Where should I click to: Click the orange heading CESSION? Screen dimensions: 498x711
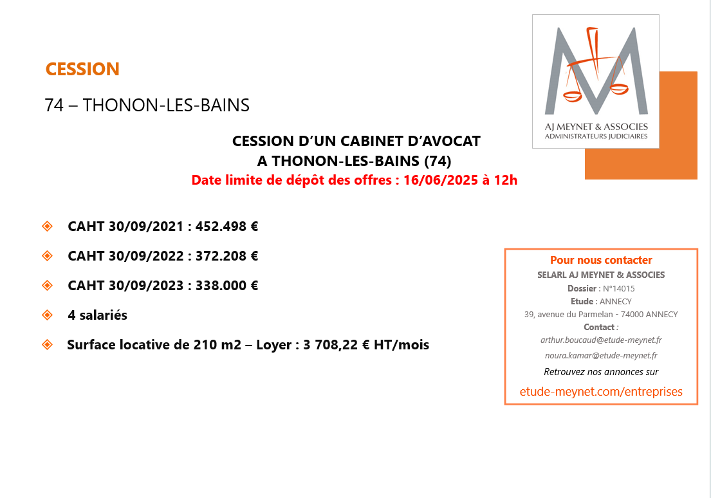pos(82,69)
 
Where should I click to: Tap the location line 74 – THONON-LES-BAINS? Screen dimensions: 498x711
pos(147,106)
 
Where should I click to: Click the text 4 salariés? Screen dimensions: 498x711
pos(97,315)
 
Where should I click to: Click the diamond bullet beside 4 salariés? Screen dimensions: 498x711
pos(47,315)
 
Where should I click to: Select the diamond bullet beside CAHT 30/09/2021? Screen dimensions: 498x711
pos(47,226)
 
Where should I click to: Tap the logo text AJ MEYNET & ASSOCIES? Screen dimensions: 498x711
pos(596,127)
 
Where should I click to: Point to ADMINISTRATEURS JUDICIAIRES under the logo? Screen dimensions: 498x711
pos(596,136)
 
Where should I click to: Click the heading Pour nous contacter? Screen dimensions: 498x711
pos(601,261)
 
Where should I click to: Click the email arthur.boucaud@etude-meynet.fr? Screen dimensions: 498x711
pos(601,339)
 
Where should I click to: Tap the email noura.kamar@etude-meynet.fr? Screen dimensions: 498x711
pos(601,355)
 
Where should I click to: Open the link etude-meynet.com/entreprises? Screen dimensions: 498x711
pos(601,391)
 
